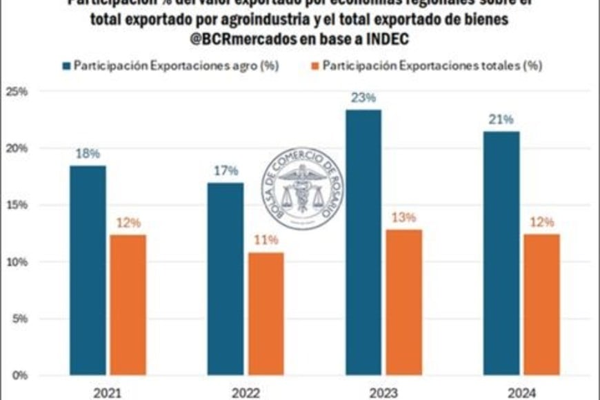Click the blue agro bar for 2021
point(88,270)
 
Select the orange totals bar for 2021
point(128,305)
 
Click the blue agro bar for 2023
point(363,242)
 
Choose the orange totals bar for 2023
point(403,302)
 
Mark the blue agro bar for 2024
point(501,253)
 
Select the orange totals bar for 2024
point(541,304)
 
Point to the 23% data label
point(363,98)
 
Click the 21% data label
point(501,119)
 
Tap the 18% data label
point(88,154)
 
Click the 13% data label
point(403,217)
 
